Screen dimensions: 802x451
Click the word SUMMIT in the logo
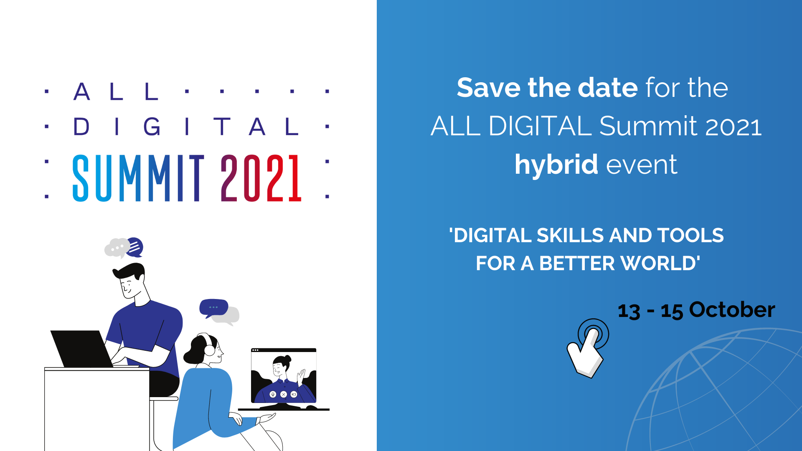tap(138, 178)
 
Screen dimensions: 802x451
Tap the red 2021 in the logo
tap(261, 178)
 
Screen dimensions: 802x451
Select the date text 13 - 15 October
tap(696, 310)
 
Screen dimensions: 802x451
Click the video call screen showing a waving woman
tap(284, 375)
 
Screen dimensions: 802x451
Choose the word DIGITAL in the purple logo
tap(186, 127)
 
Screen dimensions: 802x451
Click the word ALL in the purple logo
tap(116, 91)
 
